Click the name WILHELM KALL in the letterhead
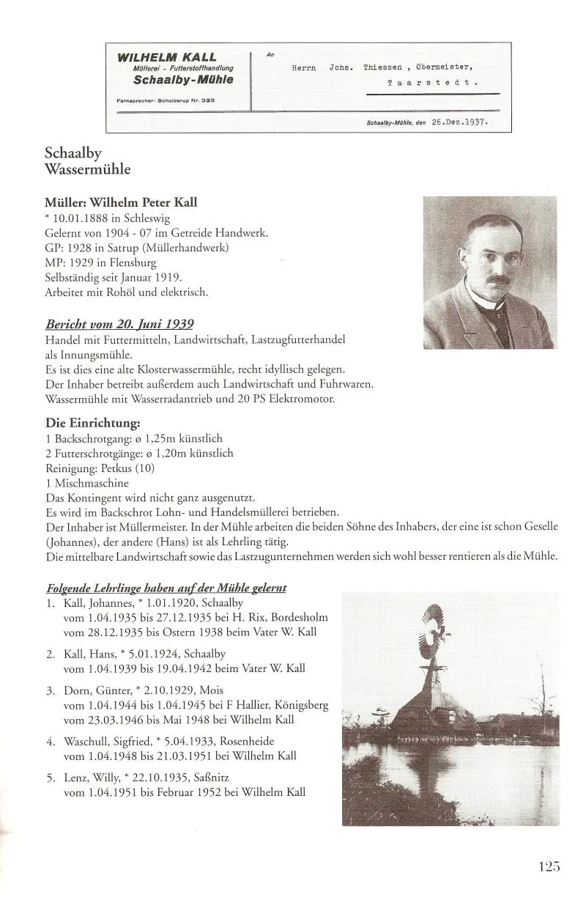[x=166, y=56]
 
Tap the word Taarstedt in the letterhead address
[x=432, y=83]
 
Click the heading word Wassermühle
[x=87, y=170]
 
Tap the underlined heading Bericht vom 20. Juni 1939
[x=119, y=324]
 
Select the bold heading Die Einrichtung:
[x=92, y=423]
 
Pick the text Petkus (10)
[x=130, y=468]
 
